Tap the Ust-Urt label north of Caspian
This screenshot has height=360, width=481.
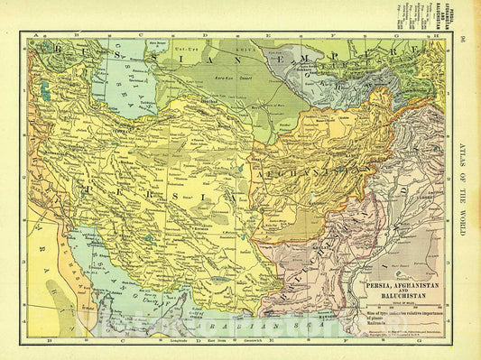click(185, 46)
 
